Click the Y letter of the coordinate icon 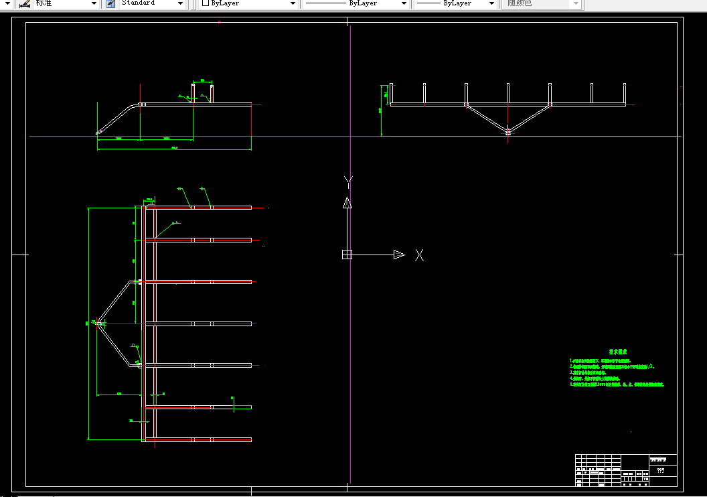[x=347, y=182]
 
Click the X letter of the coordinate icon [x=419, y=255]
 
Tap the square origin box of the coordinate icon [x=347, y=254]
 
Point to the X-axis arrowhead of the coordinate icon [x=399, y=255]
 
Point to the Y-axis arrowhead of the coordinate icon [x=347, y=203]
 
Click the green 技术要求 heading [x=617, y=351]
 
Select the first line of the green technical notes [x=600, y=360]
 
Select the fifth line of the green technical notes [x=616, y=385]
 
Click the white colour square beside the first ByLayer [x=206, y=3]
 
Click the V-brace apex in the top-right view [x=508, y=132]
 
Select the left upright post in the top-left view [x=193, y=94]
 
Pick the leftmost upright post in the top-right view [x=391, y=94]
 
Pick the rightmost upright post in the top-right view [x=625, y=94]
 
